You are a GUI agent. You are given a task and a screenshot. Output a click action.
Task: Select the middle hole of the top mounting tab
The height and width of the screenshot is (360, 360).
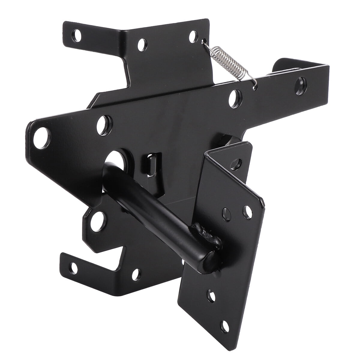coord(141,45)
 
